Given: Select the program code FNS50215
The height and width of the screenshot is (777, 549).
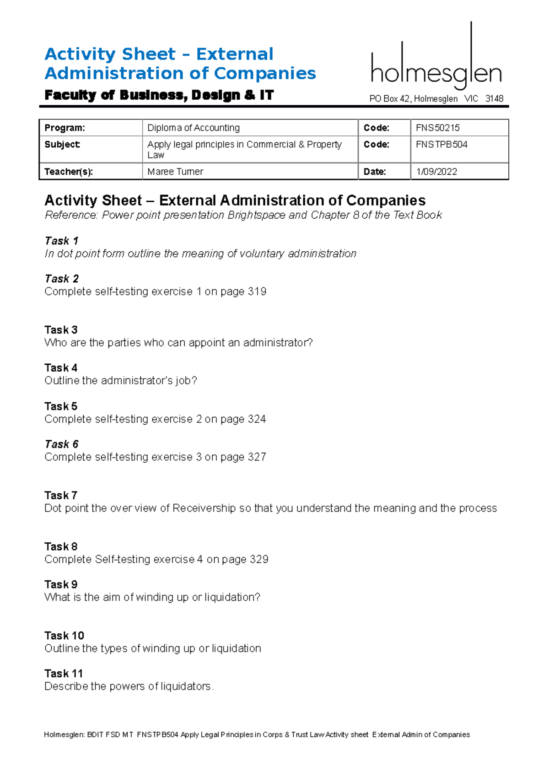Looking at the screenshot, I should click(437, 128).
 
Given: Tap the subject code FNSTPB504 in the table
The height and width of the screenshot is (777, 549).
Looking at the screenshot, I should click(441, 145).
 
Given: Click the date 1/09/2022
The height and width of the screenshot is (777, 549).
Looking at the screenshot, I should click(436, 172).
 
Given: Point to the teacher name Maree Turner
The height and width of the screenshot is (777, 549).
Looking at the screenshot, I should click(175, 172).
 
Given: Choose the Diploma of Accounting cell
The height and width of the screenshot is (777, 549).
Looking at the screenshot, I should click(194, 128).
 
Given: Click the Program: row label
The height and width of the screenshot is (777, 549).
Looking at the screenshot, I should click(65, 128).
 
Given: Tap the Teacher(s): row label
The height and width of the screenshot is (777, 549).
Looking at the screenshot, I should click(69, 172).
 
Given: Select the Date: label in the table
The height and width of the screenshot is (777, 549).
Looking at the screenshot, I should click(375, 172).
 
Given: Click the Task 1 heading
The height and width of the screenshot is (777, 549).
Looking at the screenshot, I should click(61, 241).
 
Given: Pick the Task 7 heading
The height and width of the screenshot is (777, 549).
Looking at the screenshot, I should click(61, 495).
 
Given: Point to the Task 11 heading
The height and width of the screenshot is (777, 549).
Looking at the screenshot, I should click(64, 673).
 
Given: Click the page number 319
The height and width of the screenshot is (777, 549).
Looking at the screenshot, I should click(257, 291).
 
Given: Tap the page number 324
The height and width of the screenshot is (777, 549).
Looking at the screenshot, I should click(256, 419).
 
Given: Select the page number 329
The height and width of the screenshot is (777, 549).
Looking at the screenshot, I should click(259, 559).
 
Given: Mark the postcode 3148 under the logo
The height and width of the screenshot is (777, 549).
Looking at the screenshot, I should click(494, 98).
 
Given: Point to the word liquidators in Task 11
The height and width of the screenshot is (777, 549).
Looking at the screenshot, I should click(186, 686).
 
